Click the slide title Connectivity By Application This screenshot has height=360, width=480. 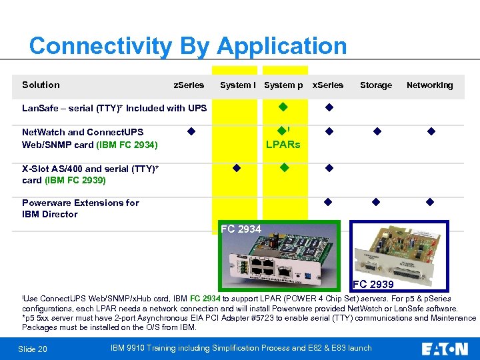coord(188,47)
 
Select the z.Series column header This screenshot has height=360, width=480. coord(189,85)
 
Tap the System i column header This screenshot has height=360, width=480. coord(237,85)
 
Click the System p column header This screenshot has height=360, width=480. coord(283,85)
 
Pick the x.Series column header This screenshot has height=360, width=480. coord(328,85)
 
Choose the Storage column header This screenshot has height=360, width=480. coord(376,85)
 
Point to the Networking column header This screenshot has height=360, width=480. coord(429,85)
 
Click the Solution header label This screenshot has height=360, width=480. coord(41,85)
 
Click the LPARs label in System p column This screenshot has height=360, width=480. coord(283,145)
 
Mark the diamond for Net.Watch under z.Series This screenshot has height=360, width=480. coord(191,131)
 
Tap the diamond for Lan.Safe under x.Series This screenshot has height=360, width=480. coord(329,107)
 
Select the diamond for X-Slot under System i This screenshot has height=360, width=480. coord(236,168)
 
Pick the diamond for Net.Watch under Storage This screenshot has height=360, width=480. coord(376,131)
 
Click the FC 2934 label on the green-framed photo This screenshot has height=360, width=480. coord(241,229)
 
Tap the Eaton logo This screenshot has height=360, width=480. coord(445,348)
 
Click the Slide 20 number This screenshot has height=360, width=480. coord(33,349)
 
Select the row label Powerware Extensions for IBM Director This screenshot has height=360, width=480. coord(80,208)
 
